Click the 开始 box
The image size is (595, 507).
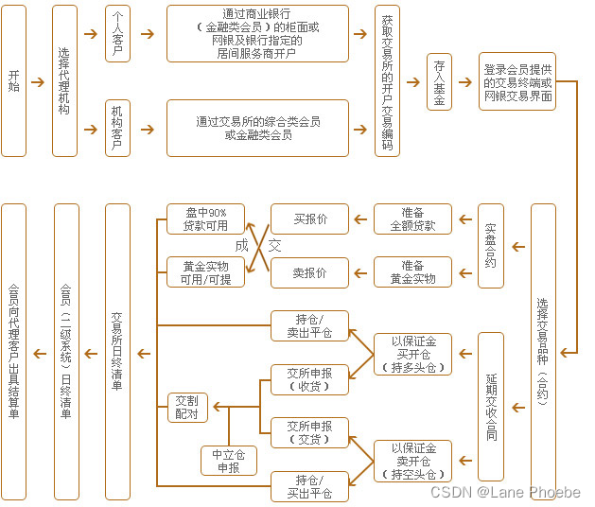point(13,80)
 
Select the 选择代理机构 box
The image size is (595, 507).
point(64,80)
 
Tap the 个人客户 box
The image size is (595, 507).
point(117,34)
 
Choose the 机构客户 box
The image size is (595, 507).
point(117,128)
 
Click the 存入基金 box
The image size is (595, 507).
point(439,82)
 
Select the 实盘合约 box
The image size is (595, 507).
point(490,246)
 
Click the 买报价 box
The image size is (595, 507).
point(309,219)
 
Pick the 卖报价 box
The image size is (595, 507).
point(309,272)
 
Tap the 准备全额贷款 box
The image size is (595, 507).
point(412,219)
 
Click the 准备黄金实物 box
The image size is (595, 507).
point(412,272)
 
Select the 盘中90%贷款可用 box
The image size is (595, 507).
point(205,219)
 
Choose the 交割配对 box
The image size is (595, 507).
point(187,407)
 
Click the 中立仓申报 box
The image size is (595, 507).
point(228,461)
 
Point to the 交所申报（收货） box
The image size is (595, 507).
point(309,379)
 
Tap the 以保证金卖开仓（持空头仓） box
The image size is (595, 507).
point(412,461)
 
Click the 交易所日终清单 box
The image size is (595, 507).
point(117,351)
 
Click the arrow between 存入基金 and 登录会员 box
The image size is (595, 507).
point(465,82)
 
